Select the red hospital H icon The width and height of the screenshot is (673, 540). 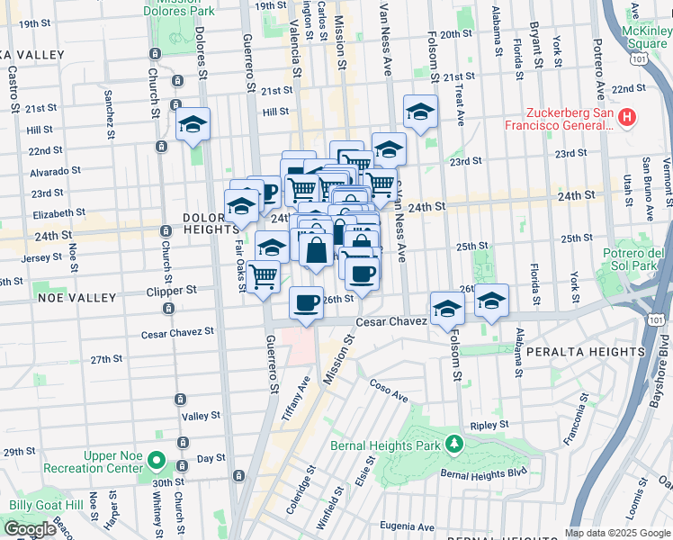(628, 117)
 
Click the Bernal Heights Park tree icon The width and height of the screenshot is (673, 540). (455, 443)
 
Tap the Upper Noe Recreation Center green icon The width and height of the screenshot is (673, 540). (156, 463)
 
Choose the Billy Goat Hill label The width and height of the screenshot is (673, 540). (38, 501)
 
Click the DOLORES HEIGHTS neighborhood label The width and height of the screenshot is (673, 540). (211, 223)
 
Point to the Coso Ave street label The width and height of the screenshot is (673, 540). (389, 390)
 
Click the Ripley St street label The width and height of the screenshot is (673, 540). (489, 425)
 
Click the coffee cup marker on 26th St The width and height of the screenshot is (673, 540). (306, 301)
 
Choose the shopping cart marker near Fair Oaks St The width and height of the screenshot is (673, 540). (263, 276)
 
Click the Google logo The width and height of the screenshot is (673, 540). (31, 529)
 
